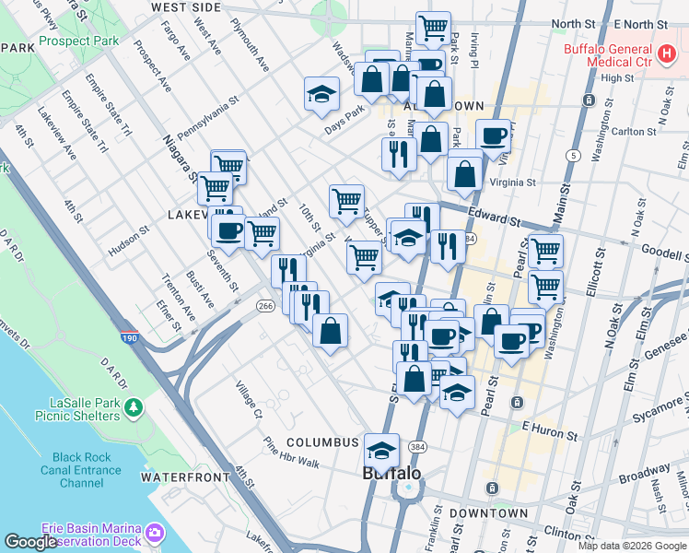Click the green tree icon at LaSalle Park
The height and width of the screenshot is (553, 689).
point(134,406)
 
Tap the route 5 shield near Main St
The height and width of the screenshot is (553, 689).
point(574,155)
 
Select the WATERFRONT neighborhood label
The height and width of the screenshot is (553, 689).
point(185,477)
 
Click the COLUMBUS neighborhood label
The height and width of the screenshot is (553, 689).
point(321,442)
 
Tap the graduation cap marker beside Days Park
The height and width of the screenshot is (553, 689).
point(321,94)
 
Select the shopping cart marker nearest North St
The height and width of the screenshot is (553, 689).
point(433,28)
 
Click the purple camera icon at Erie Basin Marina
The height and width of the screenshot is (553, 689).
point(154,533)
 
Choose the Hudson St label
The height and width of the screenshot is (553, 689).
point(128,242)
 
